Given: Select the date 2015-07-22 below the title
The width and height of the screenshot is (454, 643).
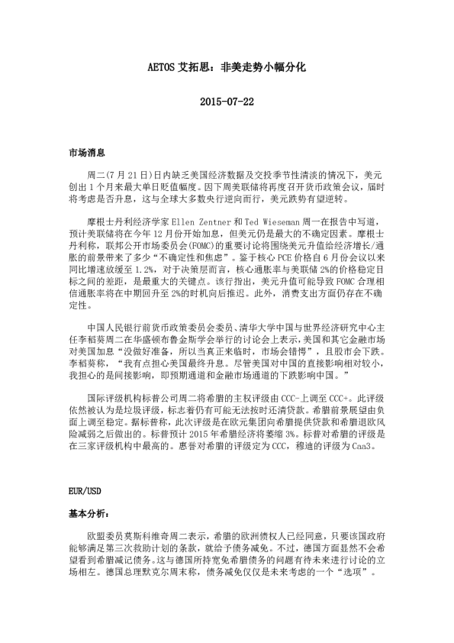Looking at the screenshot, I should (227, 102).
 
